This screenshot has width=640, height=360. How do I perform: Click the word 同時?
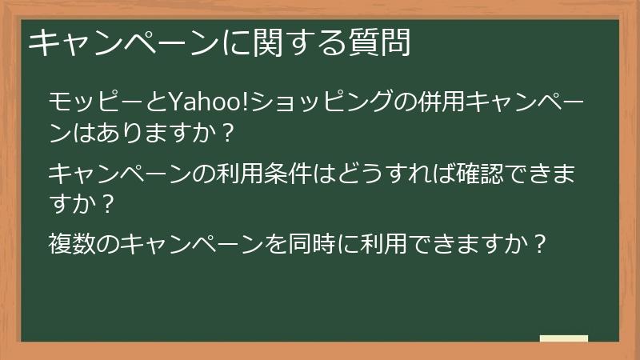[315, 243]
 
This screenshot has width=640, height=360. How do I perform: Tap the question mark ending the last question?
[540, 243]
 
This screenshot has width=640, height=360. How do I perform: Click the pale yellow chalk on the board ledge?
[563, 338]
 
